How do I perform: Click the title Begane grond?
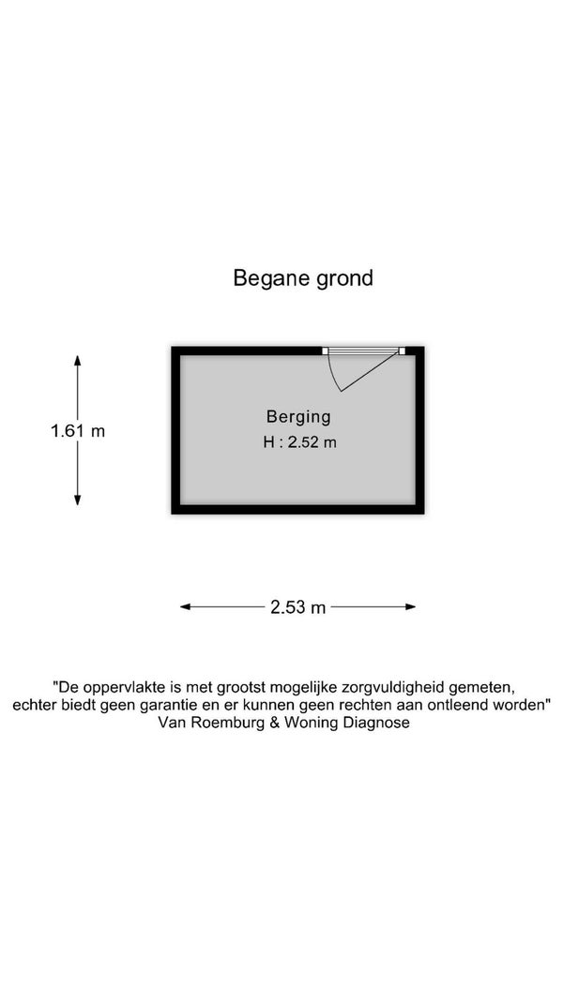tap(302, 278)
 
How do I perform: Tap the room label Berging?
tap(298, 417)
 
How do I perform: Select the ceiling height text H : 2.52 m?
tap(299, 442)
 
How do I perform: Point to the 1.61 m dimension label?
tap(77, 430)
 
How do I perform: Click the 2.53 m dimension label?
tap(298, 607)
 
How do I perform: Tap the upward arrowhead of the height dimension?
tap(77, 360)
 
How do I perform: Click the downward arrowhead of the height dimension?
tap(77, 500)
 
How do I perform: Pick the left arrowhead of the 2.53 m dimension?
tap(186, 607)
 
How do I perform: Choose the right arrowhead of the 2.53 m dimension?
tap(410, 607)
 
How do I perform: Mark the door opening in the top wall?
tap(363, 351)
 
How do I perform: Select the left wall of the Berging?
tap(175, 430)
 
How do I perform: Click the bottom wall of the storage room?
tap(297, 510)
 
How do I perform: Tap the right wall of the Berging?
tap(420, 430)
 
